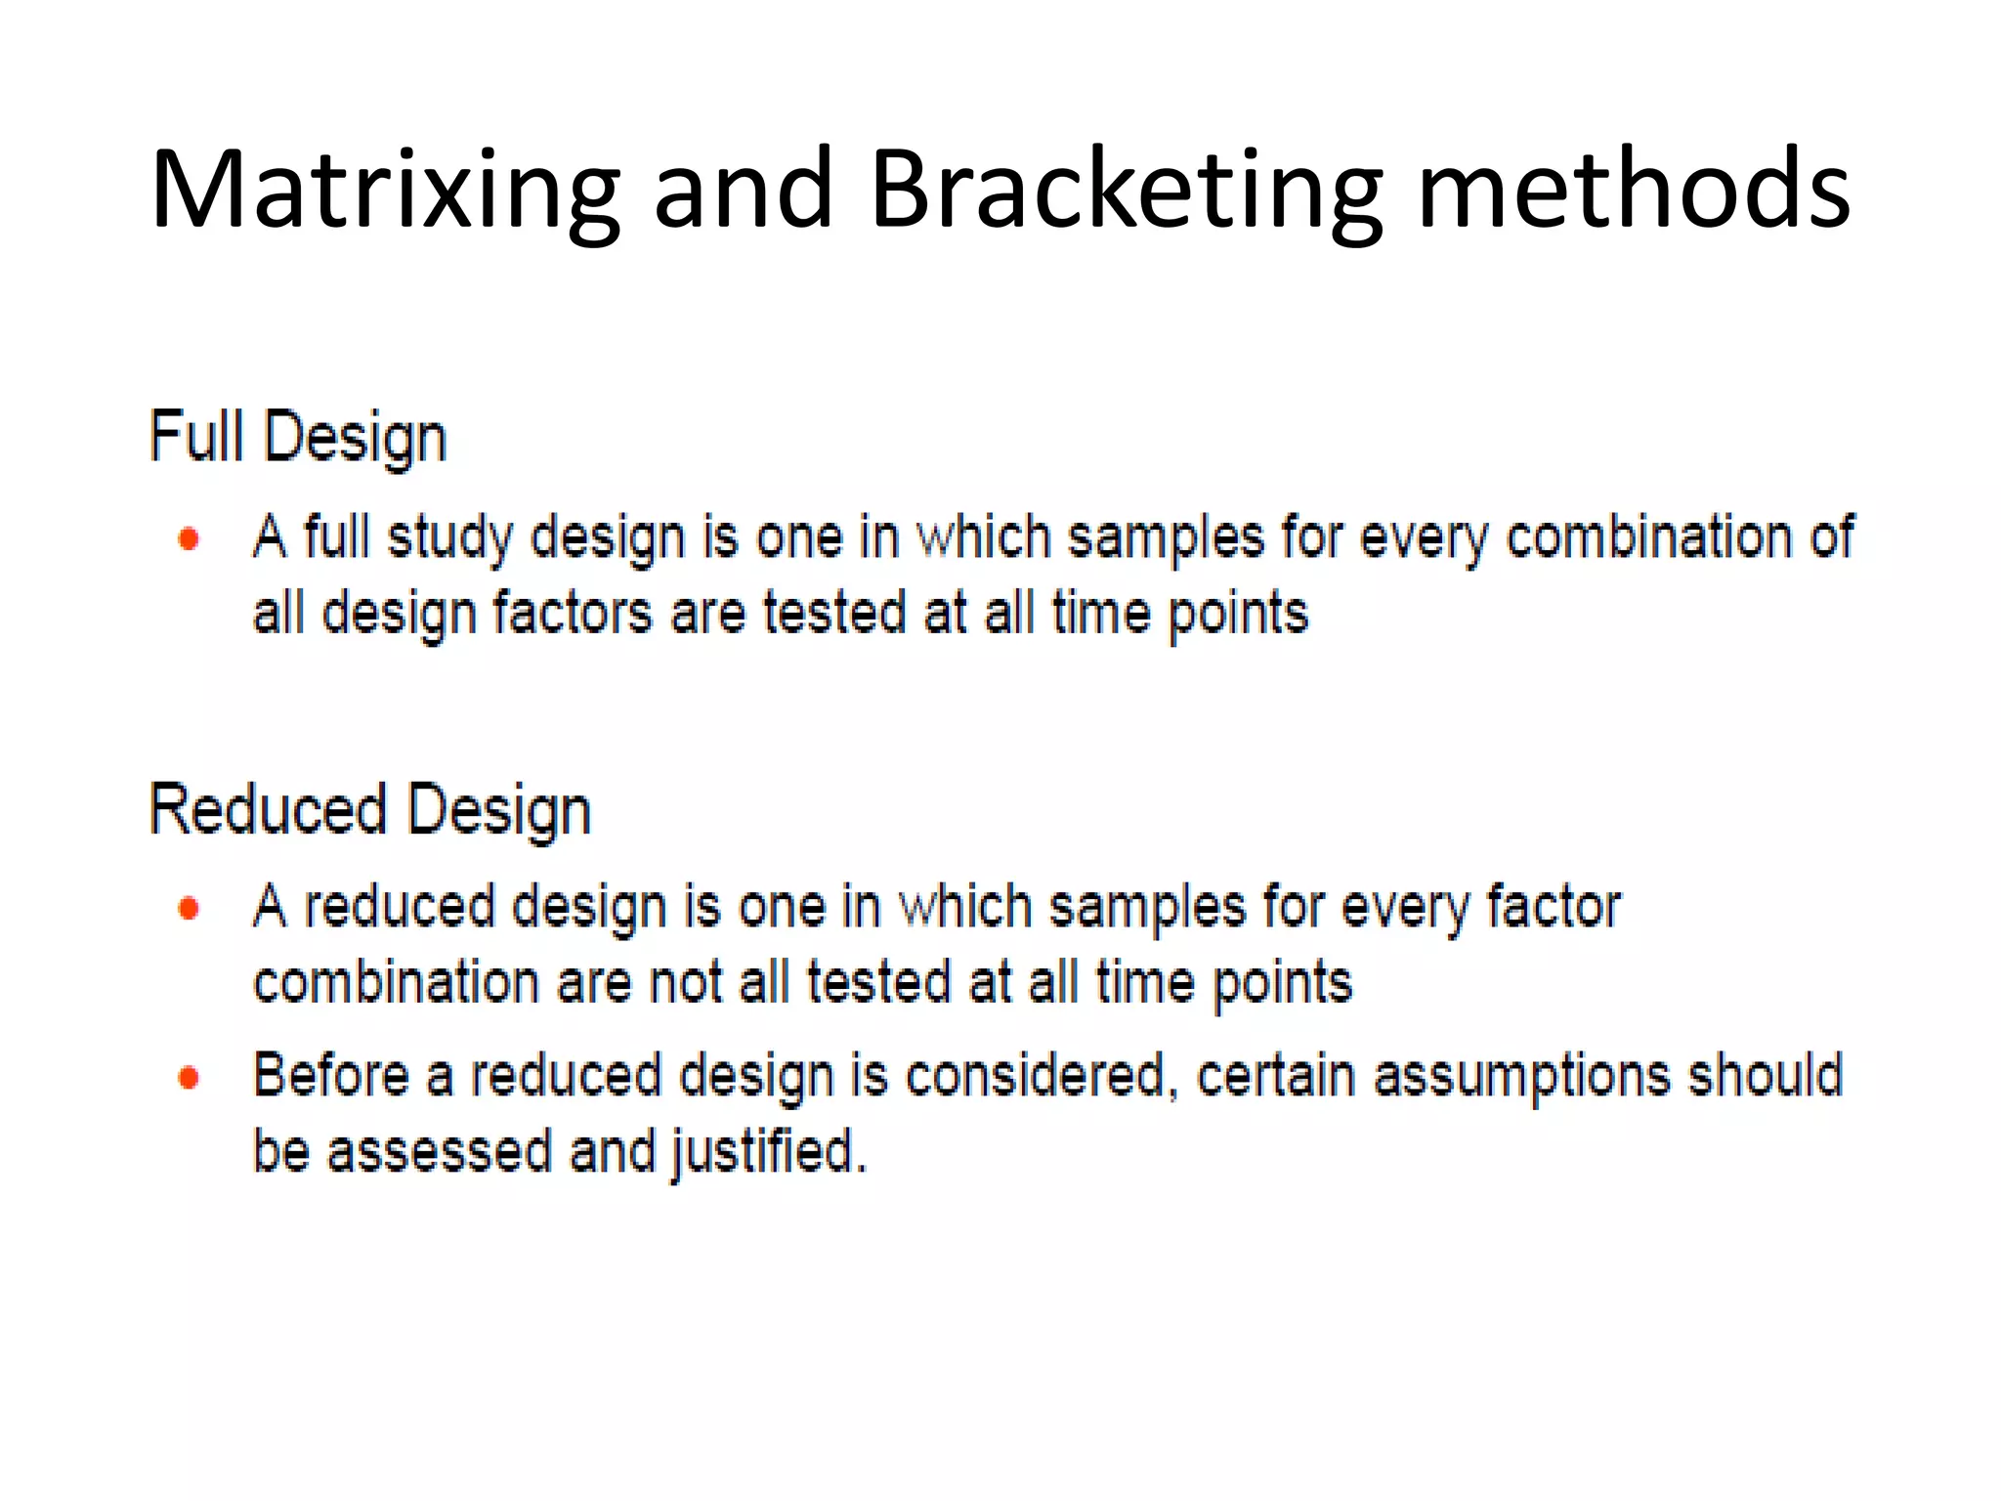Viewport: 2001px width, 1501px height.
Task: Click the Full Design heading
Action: [298, 437]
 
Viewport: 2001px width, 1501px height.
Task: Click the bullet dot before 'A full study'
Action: [190, 538]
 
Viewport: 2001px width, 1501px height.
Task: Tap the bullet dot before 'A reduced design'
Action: [190, 909]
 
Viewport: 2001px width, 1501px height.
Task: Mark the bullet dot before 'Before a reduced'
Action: [190, 1078]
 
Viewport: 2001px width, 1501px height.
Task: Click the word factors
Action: [572, 614]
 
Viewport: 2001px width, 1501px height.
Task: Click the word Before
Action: [331, 1076]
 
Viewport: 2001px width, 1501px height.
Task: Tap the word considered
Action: [1037, 1076]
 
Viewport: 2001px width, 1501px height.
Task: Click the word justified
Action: [768, 1151]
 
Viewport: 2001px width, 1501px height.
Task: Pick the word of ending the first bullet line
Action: [1831, 537]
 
